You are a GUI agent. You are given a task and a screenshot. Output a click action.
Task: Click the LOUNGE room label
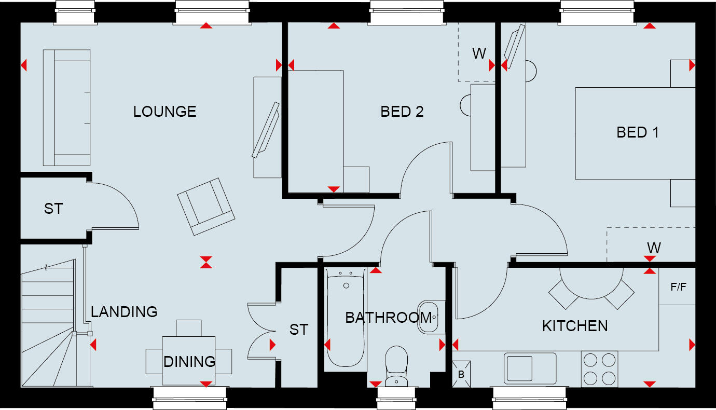[x=164, y=112]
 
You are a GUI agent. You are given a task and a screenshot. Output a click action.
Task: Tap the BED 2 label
[x=402, y=112]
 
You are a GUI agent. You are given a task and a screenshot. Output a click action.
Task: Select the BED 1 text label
[x=637, y=132]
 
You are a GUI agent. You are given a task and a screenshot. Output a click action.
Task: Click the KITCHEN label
[x=575, y=326]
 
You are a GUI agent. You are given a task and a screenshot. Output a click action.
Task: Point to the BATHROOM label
[x=388, y=318]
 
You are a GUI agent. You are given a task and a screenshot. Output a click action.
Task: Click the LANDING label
[x=124, y=312]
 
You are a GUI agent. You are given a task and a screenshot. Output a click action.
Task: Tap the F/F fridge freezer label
[x=678, y=286]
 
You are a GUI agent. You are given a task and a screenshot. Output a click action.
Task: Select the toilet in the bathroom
[x=396, y=366]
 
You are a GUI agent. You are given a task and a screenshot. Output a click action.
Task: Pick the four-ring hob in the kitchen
[x=600, y=368]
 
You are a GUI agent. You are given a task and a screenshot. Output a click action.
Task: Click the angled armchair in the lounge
[x=205, y=206]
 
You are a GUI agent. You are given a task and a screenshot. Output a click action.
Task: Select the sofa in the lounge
[x=66, y=107]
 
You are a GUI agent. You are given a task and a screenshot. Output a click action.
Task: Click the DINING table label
[x=189, y=361]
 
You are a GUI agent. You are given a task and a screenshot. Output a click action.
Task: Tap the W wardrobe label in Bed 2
[x=478, y=53]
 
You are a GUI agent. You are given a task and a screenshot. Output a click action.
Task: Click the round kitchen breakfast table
[x=591, y=283]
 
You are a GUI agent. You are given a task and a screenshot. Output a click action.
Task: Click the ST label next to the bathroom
[x=299, y=330]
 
